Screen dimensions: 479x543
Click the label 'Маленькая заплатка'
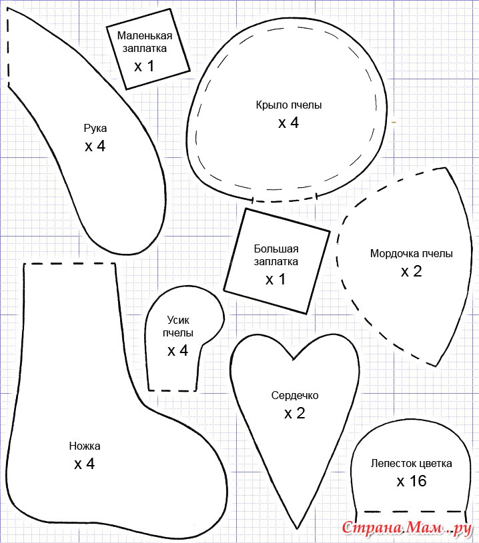tap(145, 41)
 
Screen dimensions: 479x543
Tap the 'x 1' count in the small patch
tap(144, 66)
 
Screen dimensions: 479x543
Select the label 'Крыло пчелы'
tap(289, 105)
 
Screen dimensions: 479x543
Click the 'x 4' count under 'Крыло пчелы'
tap(288, 123)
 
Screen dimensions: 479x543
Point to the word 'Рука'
tap(95, 129)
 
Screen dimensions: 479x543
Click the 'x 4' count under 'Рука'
tap(95, 146)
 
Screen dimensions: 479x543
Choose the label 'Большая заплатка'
tap(276, 255)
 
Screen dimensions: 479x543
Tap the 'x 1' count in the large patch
tap(276, 279)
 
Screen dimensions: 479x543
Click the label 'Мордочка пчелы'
tap(412, 254)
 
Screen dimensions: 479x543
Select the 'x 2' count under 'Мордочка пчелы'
tap(412, 272)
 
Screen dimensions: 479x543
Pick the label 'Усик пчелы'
tap(178, 326)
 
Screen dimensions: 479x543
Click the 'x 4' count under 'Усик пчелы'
tap(177, 351)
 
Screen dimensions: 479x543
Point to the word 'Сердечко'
tap(295, 396)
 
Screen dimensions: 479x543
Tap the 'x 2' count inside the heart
tap(295, 413)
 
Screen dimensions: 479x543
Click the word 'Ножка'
tap(85, 446)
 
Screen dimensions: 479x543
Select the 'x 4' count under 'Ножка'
tap(84, 464)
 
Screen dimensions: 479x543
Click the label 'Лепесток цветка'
tap(412, 463)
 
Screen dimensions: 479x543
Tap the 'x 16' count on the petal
tap(412, 481)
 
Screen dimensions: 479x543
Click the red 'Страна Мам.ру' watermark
tap(407, 528)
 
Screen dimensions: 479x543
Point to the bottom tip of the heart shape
tap(298, 528)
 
